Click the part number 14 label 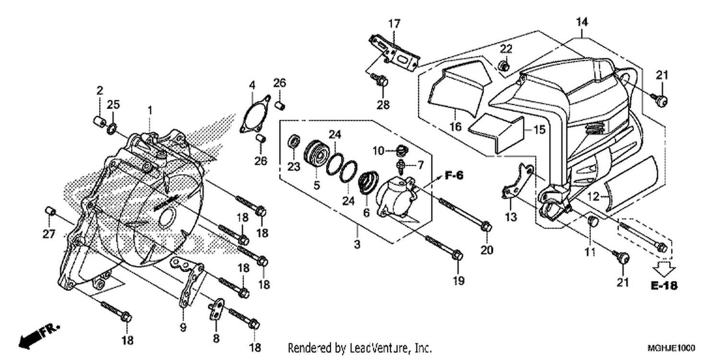pos(582,22)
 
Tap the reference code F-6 pos(454,176)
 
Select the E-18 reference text pos(664,286)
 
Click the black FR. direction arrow pos(38,337)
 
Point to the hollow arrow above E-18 pos(664,268)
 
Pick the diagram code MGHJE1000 pos(671,348)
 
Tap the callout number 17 pos(395,24)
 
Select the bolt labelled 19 pos(444,247)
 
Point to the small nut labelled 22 pos(504,66)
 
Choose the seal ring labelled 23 pos(294,142)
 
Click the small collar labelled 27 pos(49,212)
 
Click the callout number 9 pos(183,328)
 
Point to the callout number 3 pos(357,244)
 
